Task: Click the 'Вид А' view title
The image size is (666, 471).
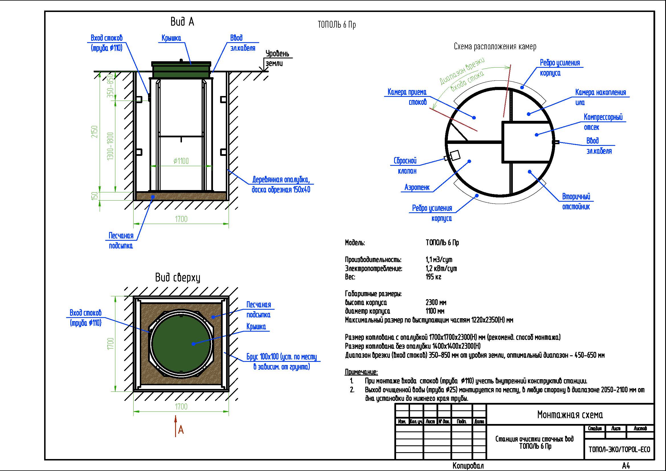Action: coord(182,22)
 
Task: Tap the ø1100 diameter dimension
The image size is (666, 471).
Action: coord(181,161)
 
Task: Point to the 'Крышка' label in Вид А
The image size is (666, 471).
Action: coord(171,38)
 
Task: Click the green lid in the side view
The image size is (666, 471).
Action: coord(181,70)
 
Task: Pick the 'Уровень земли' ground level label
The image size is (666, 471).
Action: coord(277,58)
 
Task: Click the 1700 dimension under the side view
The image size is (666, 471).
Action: coord(181,219)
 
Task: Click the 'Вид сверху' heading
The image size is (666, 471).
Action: coord(177,278)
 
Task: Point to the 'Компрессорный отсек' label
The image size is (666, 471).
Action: coord(603,122)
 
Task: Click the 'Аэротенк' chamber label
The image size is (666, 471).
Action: coord(417,187)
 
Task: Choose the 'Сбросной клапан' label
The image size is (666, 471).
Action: coord(405,166)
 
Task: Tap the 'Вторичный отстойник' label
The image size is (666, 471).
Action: coord(576,202)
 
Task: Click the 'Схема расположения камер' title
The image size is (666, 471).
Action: coord(495,46)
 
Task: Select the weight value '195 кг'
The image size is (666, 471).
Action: coord(433,277)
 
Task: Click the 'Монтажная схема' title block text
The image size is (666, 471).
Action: coord(570,414)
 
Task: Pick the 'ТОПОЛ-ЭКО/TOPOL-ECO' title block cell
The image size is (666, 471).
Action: coord(619,450)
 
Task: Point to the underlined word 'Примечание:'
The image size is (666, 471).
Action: coord(361,372)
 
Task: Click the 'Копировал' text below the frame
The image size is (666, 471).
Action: coord(468,466)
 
